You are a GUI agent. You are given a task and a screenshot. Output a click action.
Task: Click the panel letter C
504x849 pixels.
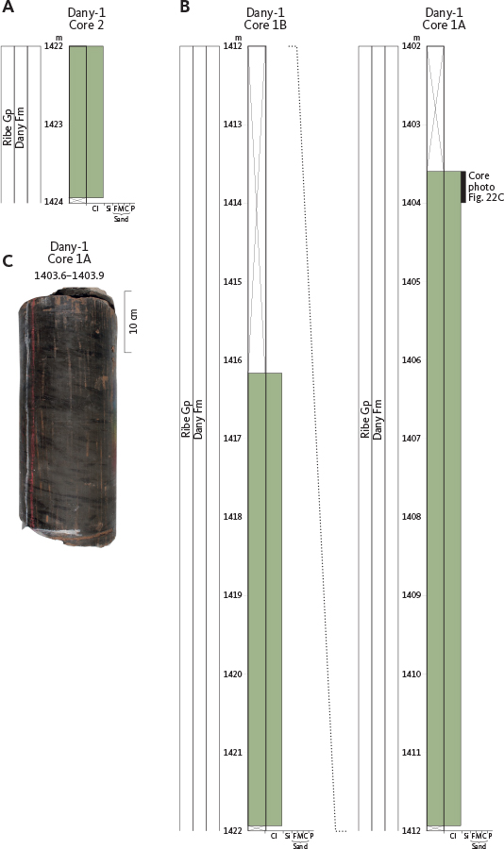pyautogui.click(x=8, y=260)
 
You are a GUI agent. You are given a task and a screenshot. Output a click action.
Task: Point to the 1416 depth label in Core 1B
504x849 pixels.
pyautogui.click(x=231, y=360)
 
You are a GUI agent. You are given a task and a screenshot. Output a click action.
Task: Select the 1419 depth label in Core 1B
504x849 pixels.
pyautogui.click(x=231, y=595)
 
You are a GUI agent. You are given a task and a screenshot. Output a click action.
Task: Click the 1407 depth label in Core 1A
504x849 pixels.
pyautogui.click(x=411, y=439)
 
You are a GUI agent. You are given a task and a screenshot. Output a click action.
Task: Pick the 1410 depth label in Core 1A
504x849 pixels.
pyautogui.click(x=411, y=674)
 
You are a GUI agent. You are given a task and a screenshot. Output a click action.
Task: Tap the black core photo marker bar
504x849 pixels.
pyautogui.click(x=463, y=186)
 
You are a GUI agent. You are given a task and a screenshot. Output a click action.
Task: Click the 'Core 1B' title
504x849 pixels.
pyautogui.click(x=265, y=27)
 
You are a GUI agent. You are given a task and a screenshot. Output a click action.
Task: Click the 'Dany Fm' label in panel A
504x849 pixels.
pyautogui.click(x=21, y=125)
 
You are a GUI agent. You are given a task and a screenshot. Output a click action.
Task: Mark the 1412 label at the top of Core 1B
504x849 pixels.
pyautogui.click(x=231, y=46)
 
